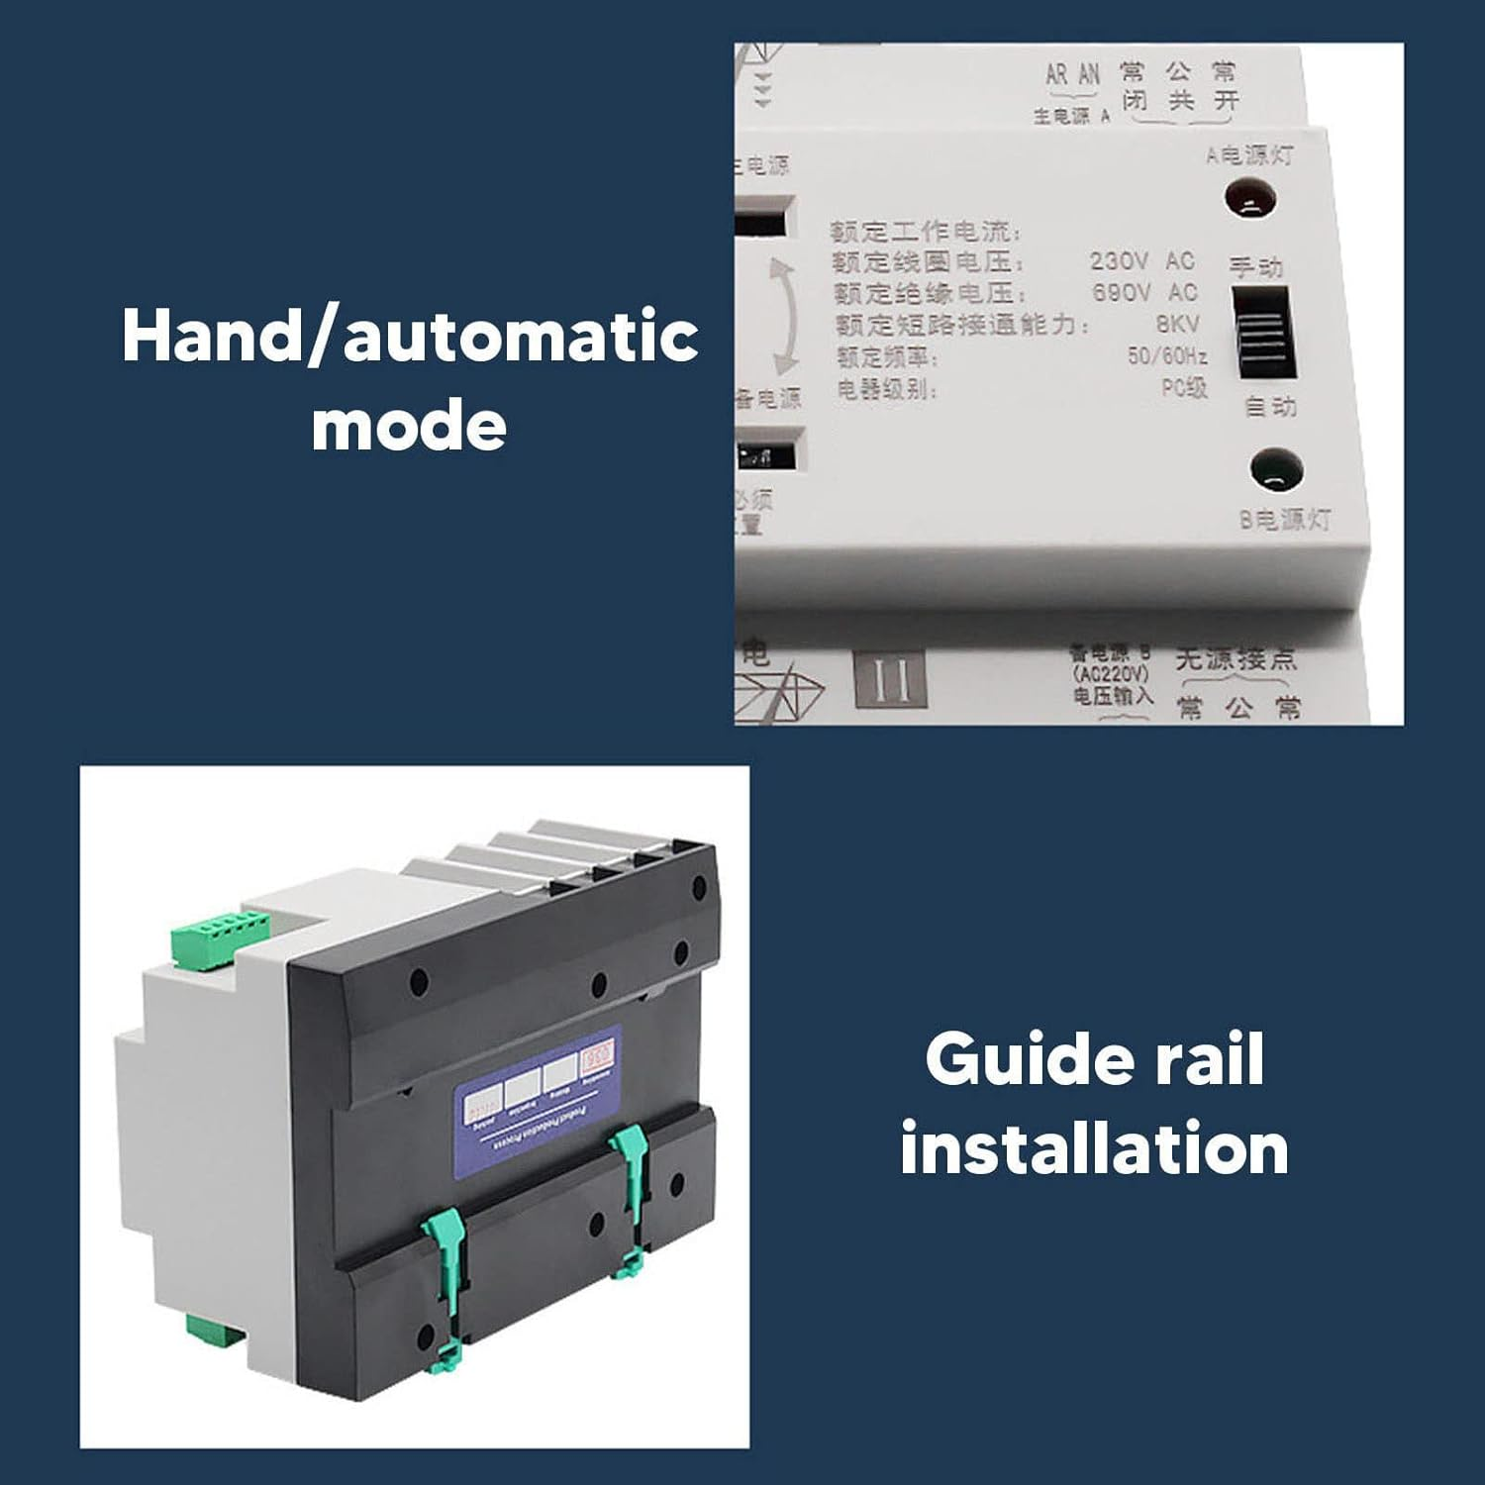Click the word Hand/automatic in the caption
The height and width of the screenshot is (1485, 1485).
tap(410, 337)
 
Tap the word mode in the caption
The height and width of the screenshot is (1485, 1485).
tap(409, 426)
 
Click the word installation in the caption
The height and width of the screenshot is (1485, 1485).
tap(1094, 1148)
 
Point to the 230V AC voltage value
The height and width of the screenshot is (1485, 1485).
tap(1141, 261)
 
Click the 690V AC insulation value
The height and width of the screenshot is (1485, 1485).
tap(1143, 293)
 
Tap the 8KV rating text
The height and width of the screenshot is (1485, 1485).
tap(1177, 324)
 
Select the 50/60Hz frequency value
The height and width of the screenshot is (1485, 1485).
tap(1167, 355)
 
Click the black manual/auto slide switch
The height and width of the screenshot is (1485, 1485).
tap(1264, 333)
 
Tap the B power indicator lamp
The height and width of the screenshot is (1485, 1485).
tap(1275, 471)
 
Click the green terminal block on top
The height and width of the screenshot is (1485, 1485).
tap(220, 938)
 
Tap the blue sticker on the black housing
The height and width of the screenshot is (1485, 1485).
tap(537, 1100)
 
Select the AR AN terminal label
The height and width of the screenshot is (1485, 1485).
tap(1072, 74)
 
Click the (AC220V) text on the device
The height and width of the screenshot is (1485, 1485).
tap(1111, 674)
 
